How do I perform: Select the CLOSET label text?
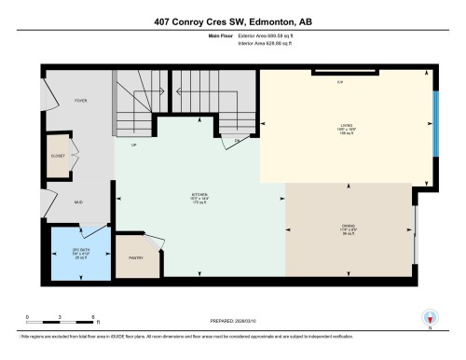57,157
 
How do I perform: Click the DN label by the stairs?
237,140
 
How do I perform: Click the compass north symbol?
431,318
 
